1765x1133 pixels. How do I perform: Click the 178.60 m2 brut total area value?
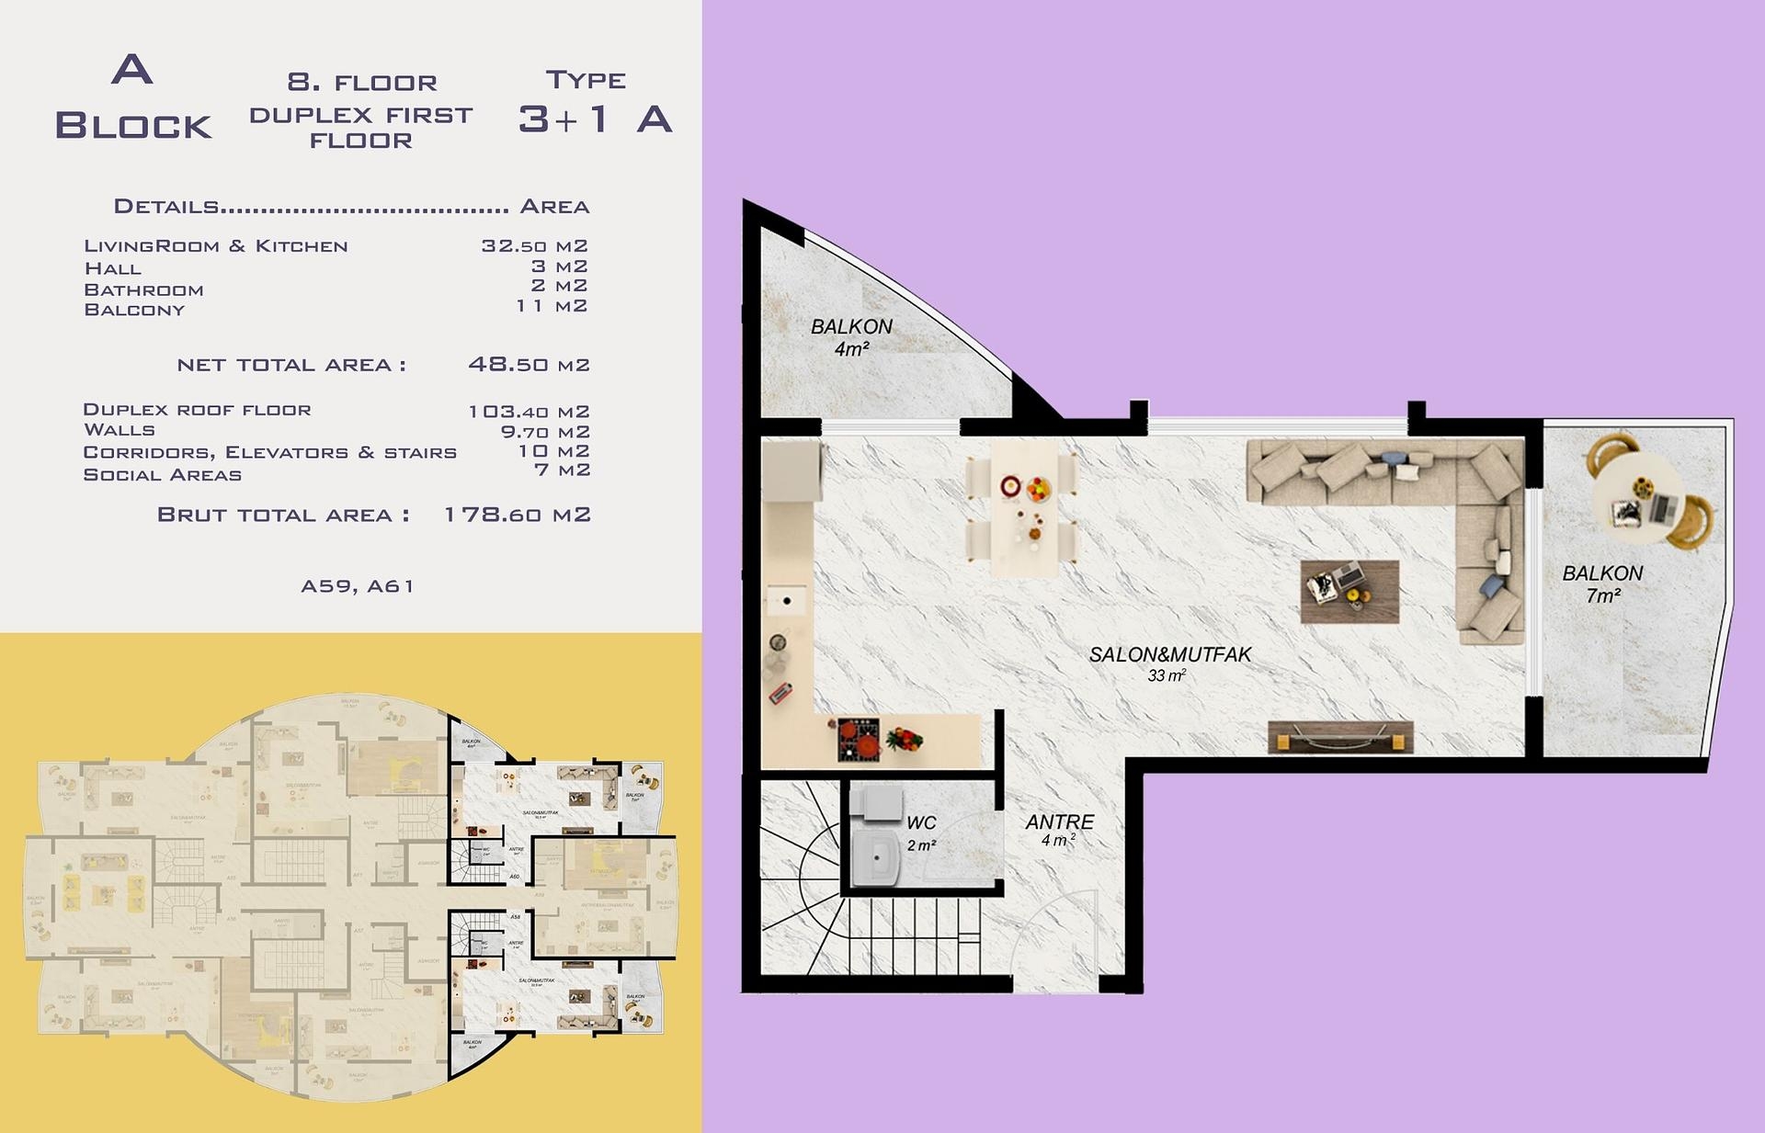[517, 515]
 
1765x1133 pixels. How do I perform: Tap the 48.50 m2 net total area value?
[529, 365]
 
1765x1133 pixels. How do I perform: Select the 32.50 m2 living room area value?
[534, 246]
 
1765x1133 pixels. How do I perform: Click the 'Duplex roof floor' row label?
[197, 410]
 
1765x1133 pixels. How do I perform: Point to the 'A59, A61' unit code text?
[358, 586]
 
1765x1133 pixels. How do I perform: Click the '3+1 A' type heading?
[595, 119]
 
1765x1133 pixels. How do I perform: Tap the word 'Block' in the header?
[133, 126]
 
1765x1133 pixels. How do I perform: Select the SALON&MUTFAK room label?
[1169, 655]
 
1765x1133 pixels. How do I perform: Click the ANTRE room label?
[1060, 822]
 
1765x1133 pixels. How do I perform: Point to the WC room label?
[921, 823]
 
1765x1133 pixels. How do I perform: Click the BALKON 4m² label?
[851, 336]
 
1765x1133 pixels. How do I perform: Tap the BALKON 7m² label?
[1602, 583]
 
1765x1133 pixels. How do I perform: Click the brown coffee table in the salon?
[1349, 592]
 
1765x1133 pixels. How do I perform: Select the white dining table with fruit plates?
[1022, 506]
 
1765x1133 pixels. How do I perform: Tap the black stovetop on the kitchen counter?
[859, 739]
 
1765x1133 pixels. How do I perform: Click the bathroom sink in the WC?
[876, 860]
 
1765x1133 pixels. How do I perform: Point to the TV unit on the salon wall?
[1339, 737]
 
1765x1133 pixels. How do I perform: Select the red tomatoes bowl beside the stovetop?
[904, 739]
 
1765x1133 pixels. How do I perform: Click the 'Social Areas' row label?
[162, 475]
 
